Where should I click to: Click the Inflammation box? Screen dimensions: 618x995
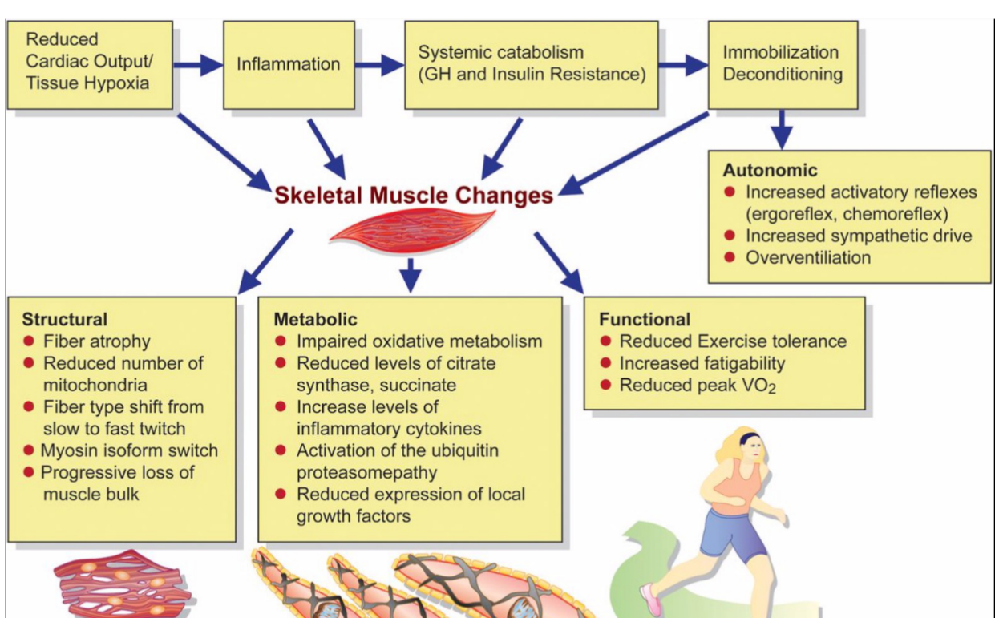click(x=289, y=64)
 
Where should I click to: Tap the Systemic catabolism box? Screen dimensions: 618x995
click(x=532, y=64)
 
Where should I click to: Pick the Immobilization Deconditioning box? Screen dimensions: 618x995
click(x=782, y=63)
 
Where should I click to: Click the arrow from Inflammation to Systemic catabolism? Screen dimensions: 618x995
click(x=379, y=64)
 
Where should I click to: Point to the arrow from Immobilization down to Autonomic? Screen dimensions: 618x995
click(x=782, y=128)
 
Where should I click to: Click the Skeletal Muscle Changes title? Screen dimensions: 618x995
click(x=414, y=195)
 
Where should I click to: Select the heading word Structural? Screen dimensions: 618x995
click(x=65, y=320)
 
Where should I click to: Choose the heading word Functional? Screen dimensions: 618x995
click(x=645, y=319)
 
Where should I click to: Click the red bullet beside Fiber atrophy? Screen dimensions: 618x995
click(x=29, y=341)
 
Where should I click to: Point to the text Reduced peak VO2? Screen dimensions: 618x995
click(x=698, y=386)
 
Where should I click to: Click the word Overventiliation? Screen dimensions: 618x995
click(x=808, y=257)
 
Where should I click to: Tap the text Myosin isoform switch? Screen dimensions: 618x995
click(x=129, y=450)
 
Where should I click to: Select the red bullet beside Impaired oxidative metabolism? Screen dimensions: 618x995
click(x=281, y=341)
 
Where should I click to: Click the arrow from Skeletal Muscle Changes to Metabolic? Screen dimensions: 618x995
click(x=411, y=274)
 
